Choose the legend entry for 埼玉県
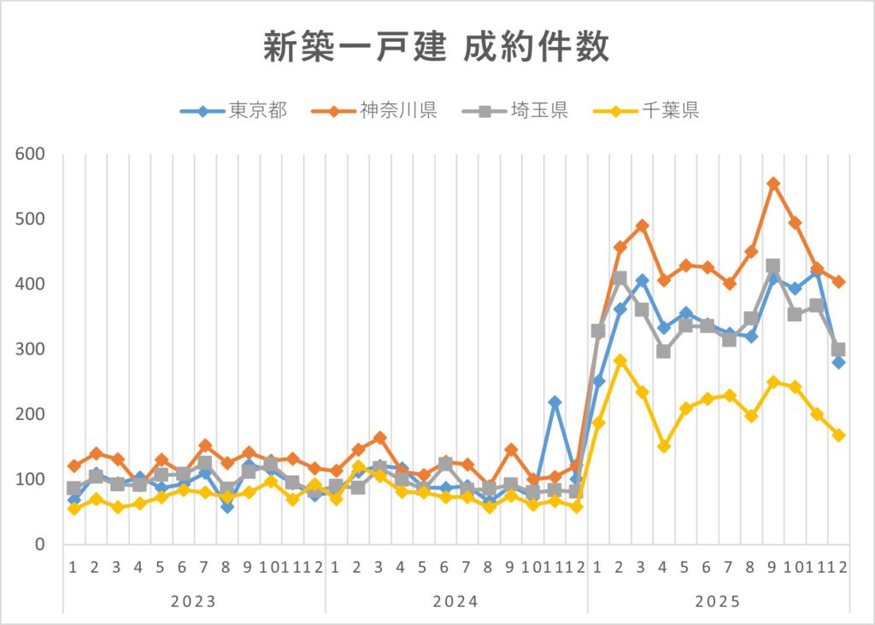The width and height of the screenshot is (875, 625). coord(515,110)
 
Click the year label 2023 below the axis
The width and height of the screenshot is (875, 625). coord(194,601)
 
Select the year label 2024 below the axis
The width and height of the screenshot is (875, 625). coord(455,601)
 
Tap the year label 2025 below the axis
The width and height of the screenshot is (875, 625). coord(718,601)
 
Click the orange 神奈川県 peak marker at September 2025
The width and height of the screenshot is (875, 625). coord(773,184)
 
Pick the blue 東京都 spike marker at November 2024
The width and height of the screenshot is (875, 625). coord(555,402)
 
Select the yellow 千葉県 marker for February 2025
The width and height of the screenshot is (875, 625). coord(620,361)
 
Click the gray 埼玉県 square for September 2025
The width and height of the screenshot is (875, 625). coord(773,266)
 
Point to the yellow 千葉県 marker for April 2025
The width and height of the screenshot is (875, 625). coord(664,447)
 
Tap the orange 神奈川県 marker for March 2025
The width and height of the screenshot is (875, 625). coord(643,226)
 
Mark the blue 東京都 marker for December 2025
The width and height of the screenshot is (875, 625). coord(839,362)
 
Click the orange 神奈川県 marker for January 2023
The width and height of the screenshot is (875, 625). coord(74,466)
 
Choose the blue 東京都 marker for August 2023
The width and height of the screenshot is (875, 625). coord(226,507)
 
